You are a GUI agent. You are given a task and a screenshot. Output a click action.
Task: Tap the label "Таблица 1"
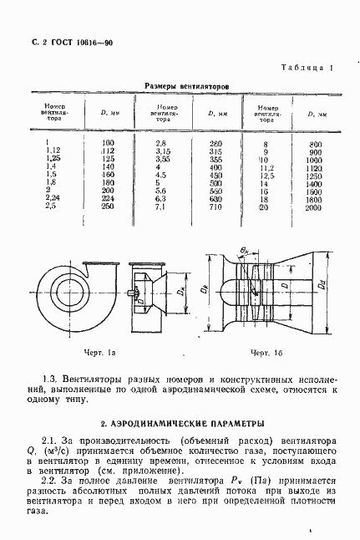point(306,67)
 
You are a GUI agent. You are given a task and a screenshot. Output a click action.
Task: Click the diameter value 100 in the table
point(106,143)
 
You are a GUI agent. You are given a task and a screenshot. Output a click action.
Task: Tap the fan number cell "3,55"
point(163,159)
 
